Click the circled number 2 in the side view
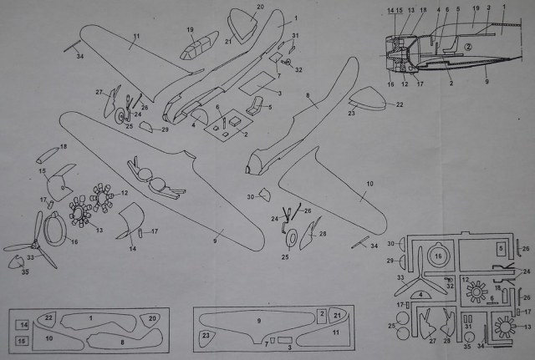469,48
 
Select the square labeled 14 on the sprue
23,324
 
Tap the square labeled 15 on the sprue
23,340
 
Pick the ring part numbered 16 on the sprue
438,255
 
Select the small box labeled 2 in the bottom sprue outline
321,315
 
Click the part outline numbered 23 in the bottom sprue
206,336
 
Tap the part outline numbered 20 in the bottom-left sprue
151,318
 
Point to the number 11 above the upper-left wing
135,37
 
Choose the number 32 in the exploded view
299,69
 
